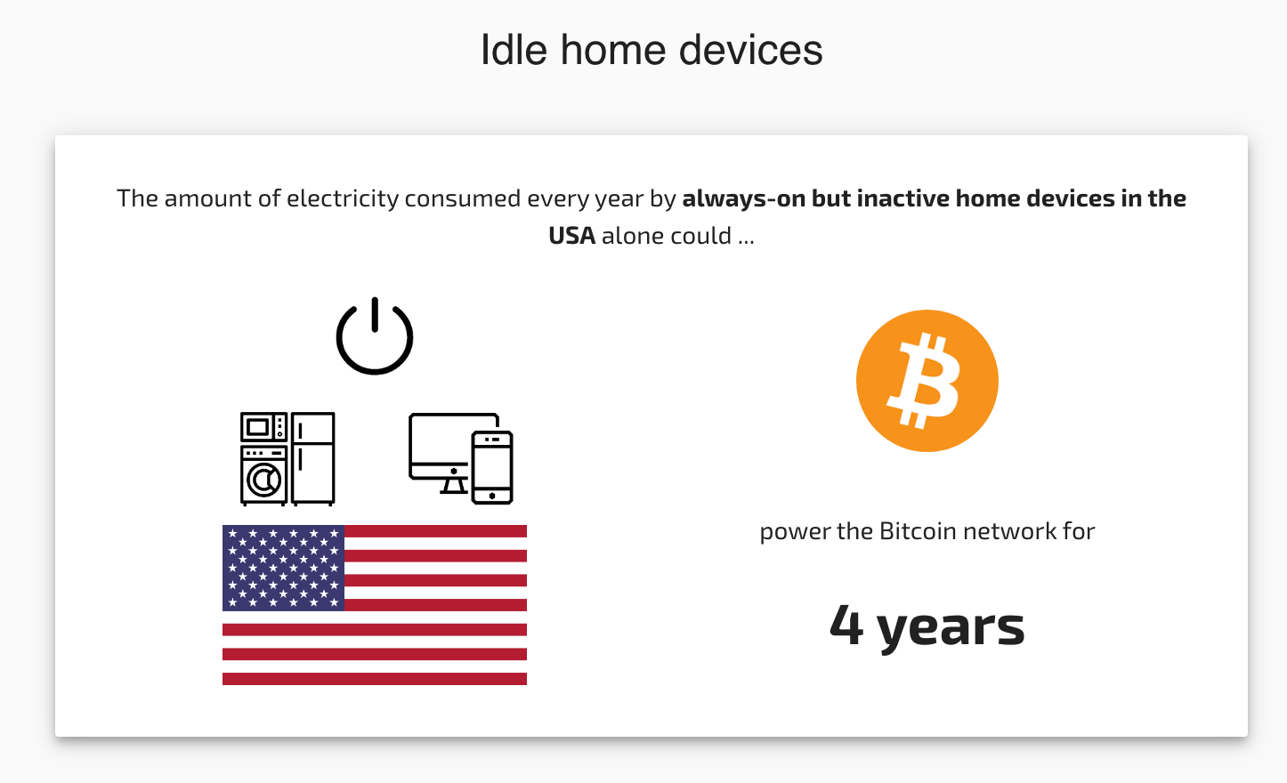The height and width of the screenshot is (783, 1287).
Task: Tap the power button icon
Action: [x=375, y=337]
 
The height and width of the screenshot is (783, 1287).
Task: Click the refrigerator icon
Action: [x=313, y=458]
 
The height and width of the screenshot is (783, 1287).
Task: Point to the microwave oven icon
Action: [x=263, y=428]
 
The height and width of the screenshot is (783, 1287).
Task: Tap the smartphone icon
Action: [x=492, y=467]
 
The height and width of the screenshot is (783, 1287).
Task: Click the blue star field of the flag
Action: [x=283, y=568]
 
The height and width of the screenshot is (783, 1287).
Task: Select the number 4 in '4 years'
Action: [x=846, y=625]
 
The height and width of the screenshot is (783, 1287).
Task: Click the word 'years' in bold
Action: [x=951, y=627]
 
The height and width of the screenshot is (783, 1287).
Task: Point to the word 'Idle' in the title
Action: [x=514, y=50]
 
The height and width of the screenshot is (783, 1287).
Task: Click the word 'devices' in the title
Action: [x=750, y=50]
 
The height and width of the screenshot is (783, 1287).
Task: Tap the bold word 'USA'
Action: [x=571, y=236]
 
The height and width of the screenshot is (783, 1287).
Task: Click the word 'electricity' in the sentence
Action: [x=342, y=198]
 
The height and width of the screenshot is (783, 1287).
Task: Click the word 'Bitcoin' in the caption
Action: [x=917, y=531]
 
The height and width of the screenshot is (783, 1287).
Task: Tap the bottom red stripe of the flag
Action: [x=375, y=679]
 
